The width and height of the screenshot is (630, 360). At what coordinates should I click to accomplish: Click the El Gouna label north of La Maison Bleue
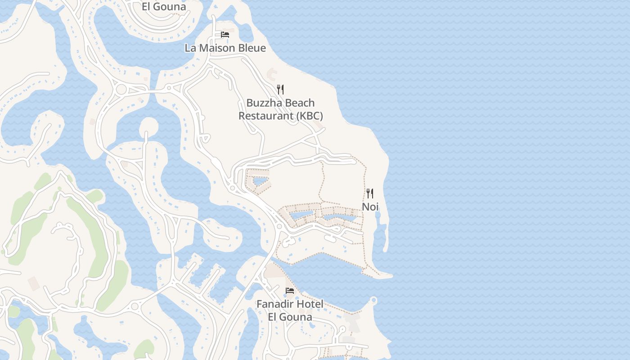(164, 7)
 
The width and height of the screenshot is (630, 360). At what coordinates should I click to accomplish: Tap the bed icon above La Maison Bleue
(225, 35)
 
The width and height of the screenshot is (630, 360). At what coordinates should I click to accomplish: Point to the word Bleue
(253, 48)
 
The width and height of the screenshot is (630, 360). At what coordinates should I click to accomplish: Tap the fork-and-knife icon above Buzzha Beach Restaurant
(280, 89)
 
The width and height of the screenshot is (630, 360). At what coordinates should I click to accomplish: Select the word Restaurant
(265, 116)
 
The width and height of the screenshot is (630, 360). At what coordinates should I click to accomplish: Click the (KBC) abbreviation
(309, 116)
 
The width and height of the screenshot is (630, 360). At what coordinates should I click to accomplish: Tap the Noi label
(370, 207)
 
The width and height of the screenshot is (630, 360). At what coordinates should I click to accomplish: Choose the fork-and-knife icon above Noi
(370, 193)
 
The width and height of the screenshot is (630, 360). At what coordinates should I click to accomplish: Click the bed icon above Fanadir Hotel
(290, 291)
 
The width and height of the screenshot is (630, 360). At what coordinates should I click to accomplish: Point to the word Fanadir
(275, 304)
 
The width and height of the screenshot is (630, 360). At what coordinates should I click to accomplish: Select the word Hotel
(310, 304)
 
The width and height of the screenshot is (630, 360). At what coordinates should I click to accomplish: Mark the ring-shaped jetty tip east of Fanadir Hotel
(373, 300)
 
